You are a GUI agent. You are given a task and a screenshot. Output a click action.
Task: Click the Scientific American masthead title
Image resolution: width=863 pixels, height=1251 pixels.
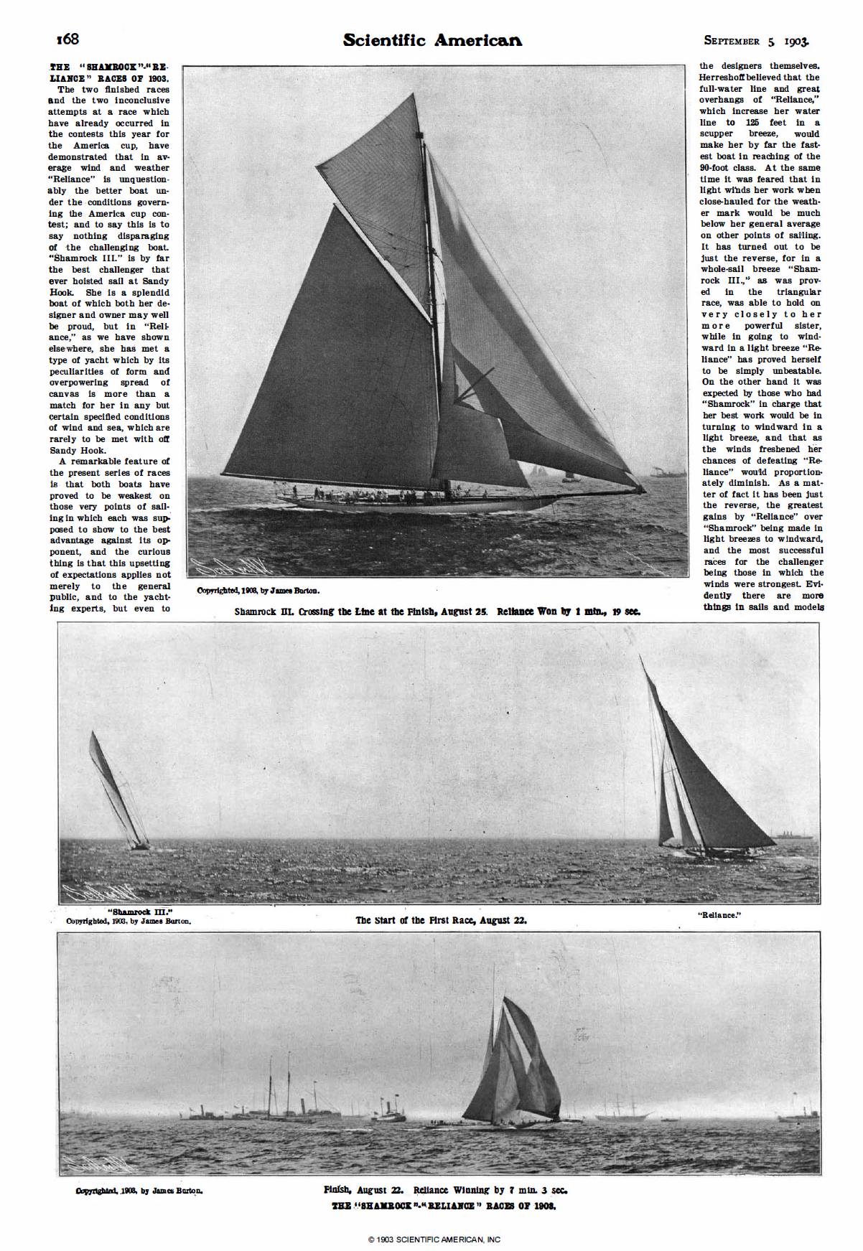pyautogui.click(x=432, y=40)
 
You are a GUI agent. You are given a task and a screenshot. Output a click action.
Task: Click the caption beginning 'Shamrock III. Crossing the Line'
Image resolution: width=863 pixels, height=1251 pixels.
pyautogui.click(x=437, y=612)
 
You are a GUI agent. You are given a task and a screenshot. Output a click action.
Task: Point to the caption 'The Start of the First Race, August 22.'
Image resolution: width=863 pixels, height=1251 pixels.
pyautogui.click(x=441, y=920)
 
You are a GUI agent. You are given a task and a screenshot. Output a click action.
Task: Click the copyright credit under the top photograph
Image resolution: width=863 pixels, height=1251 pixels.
pyautogui.click(x=258, y=591)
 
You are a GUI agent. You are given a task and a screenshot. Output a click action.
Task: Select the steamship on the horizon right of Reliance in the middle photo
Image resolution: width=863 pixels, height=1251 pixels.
pyautogui.click(x=793, y=835)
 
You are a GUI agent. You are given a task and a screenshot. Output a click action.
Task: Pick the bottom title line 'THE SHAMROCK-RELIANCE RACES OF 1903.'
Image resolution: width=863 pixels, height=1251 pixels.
pyautogui.click(x=444, y=1206)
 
